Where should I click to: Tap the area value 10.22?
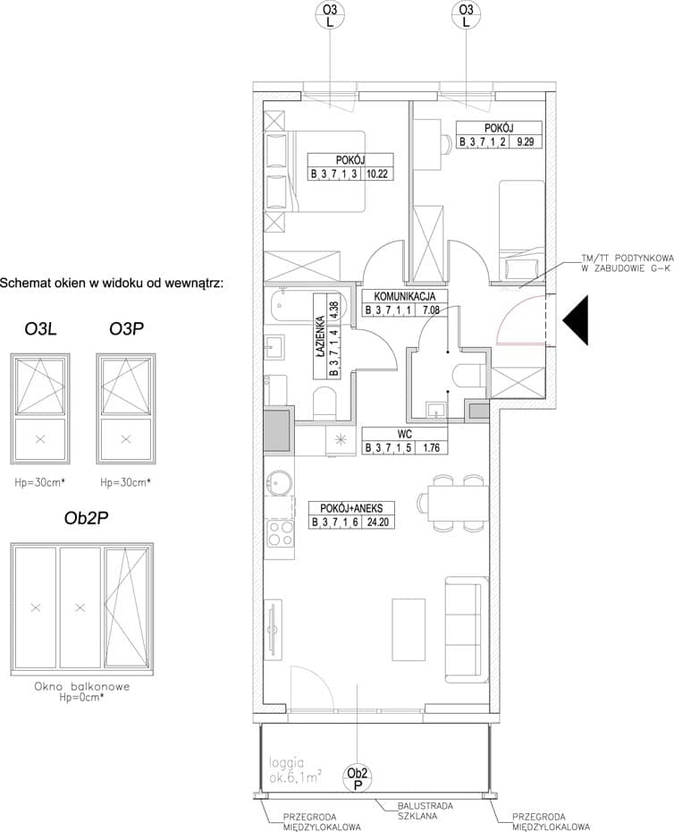(377, 173)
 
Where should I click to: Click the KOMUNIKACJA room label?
(405, 296)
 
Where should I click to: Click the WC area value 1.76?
(431, 447)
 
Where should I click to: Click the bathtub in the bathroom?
(307, 304)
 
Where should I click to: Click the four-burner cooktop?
(280, 533)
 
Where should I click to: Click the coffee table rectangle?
(409, 629)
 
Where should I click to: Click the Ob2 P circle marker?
(358, 778)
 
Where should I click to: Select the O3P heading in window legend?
(126, 329)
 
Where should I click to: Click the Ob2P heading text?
(86, 518)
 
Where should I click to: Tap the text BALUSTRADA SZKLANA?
(425, 811)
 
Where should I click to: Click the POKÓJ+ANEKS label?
(351, 508)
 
